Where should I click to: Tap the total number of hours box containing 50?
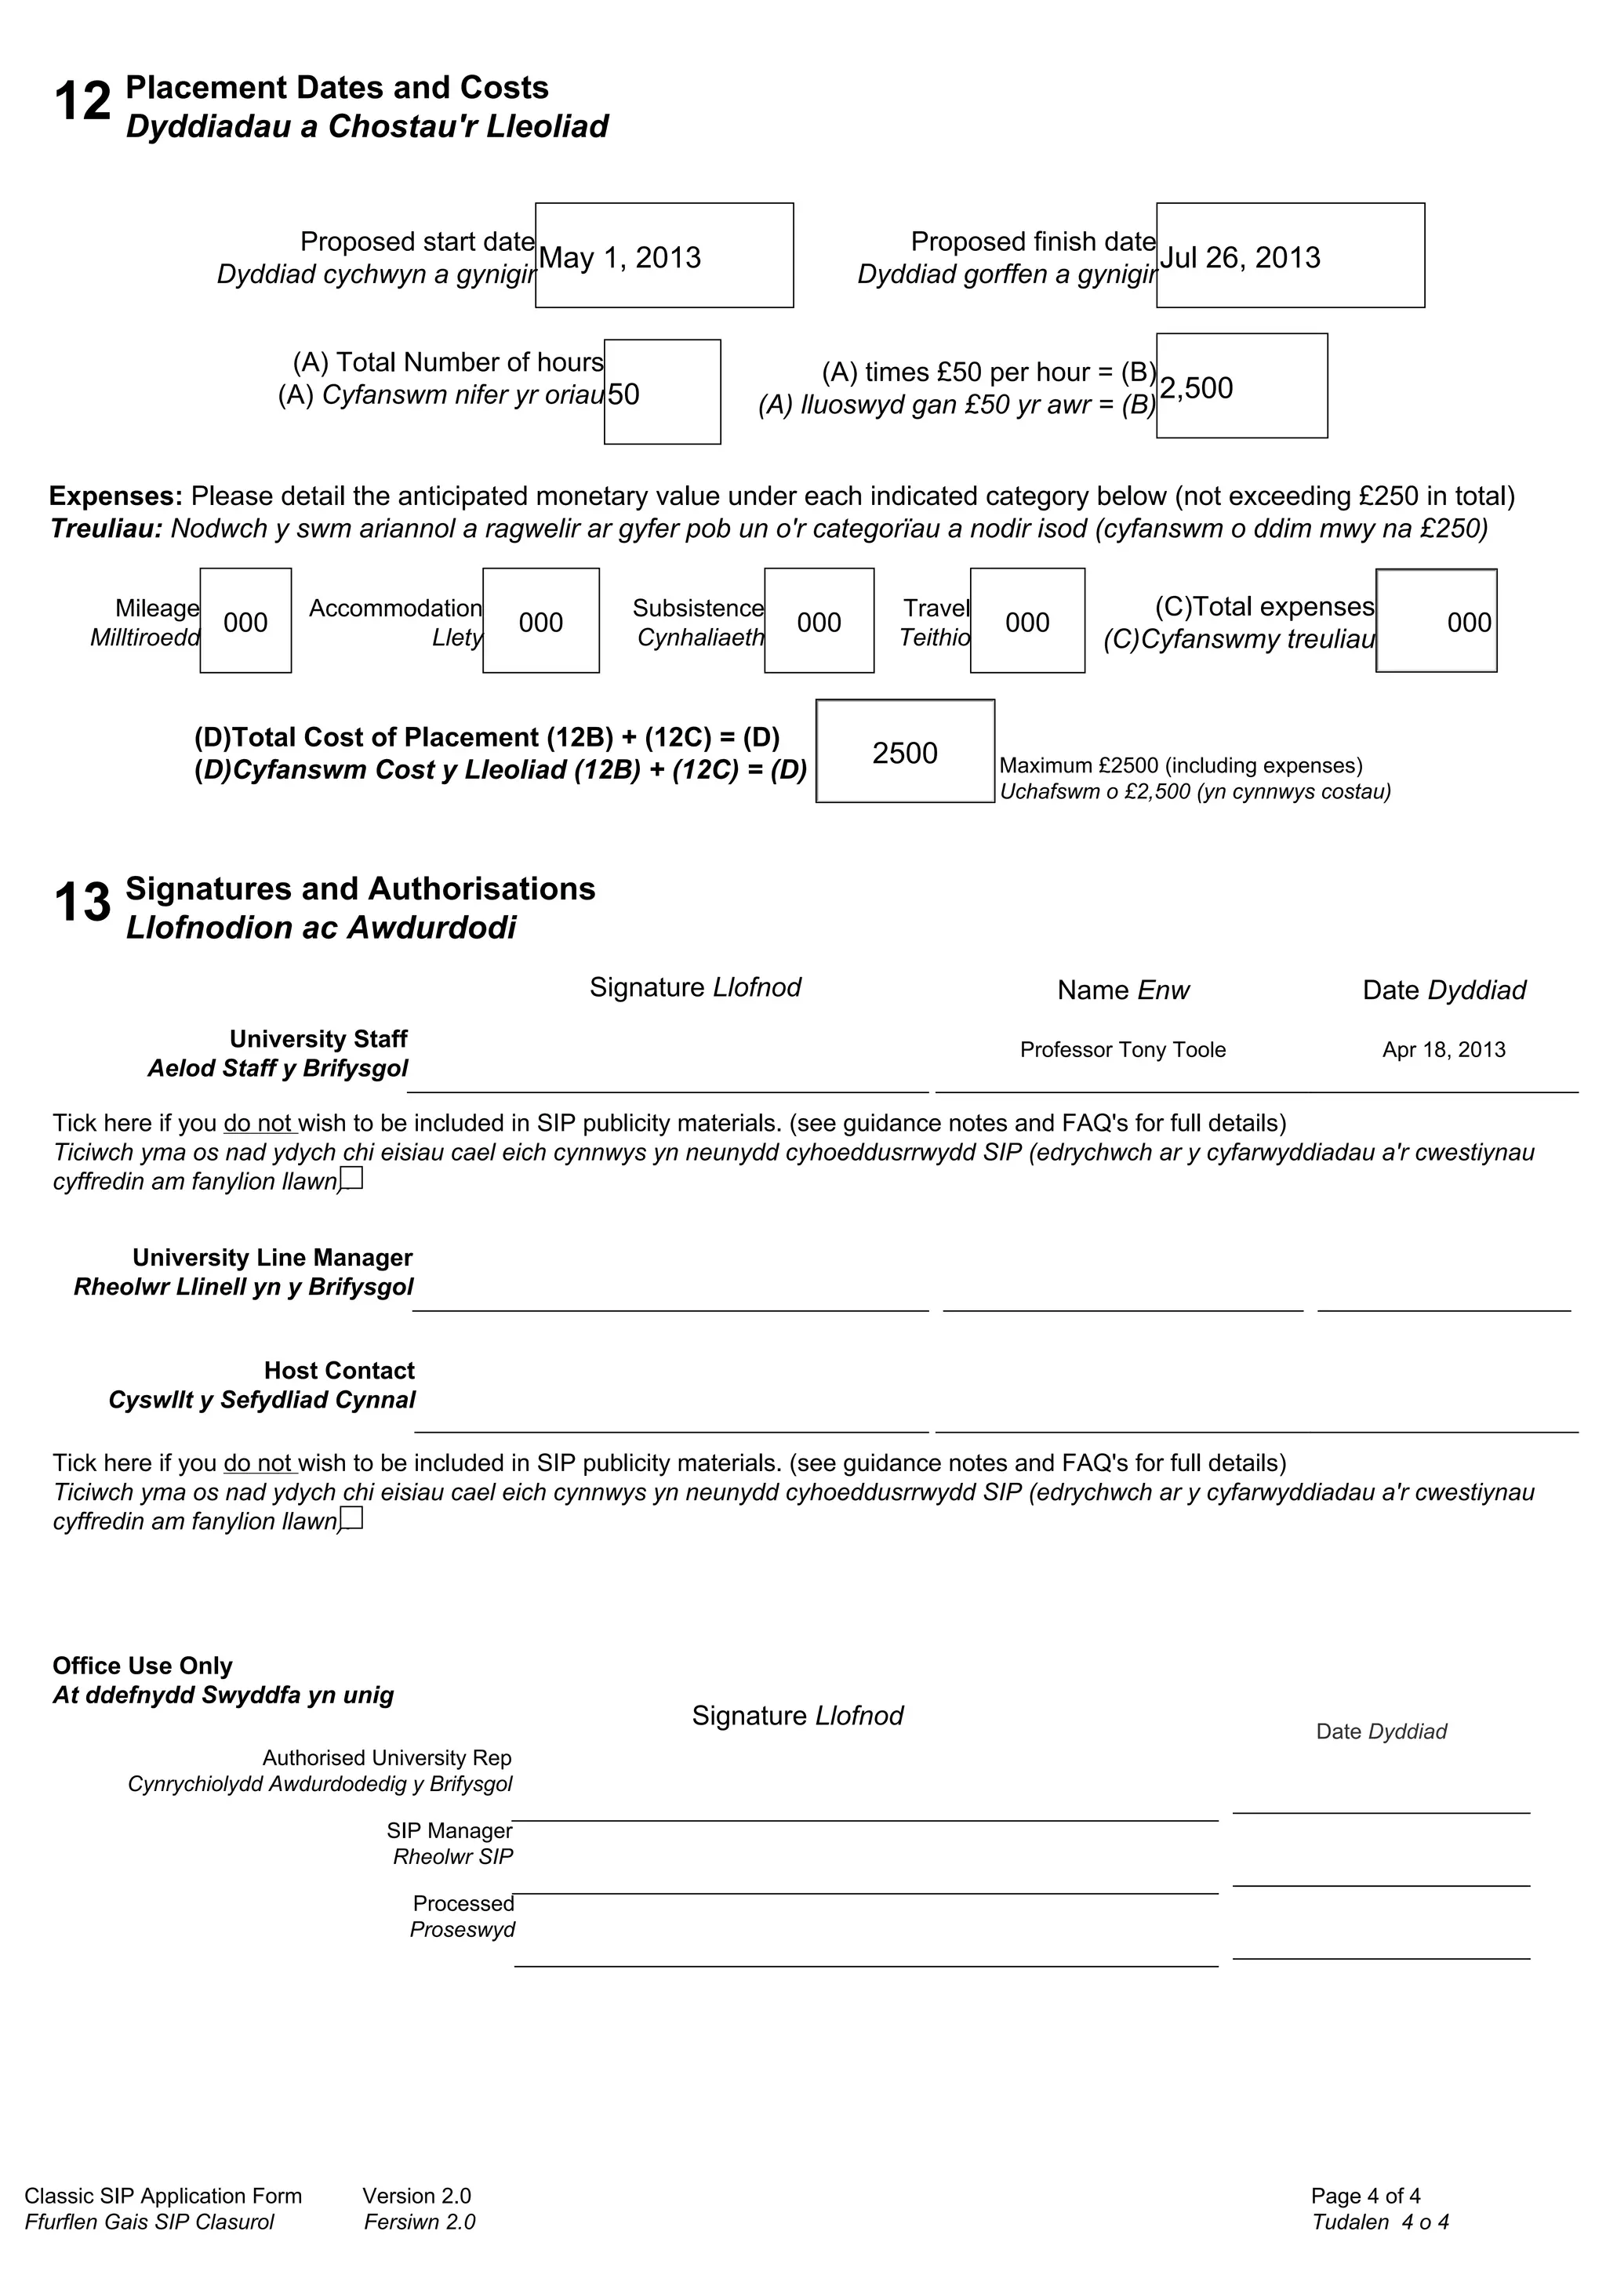(x=662, y=393)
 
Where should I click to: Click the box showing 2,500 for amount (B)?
(x=1241, y=387)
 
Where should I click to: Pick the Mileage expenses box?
(x=245, y=621)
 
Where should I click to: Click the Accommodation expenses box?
(x=541, y=621)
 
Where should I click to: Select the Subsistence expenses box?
(x=819, y=621)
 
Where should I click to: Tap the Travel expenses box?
(x=1027, y=621)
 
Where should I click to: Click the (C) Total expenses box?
(x=1436, y=621)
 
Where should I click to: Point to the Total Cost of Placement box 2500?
(x=905, y=752)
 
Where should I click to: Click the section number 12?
(x=82, y=102)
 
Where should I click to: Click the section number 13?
(x=82, y=903)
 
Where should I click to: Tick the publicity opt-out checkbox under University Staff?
(x=352, y=1178)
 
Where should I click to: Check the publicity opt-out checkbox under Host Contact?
(x=352, y=1518)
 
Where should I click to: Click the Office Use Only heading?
(x=143, y=1666)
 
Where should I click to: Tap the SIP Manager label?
(x=450, y=1831)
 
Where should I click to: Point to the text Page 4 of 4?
(x=1366, y=2196)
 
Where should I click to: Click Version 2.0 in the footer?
(x=416, y=2196)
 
